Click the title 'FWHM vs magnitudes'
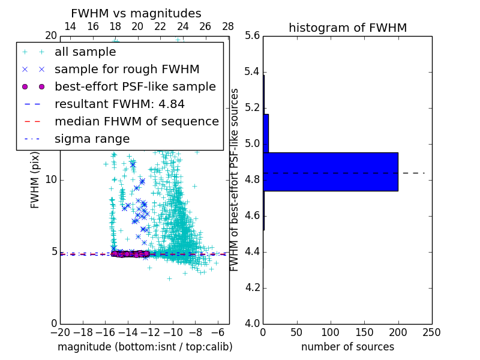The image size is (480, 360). [x=136, y=13]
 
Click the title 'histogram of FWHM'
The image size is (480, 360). [x=347, y=28]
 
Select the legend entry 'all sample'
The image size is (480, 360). [x=85, y=52]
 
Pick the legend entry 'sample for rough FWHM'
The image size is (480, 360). [x=127, y=69]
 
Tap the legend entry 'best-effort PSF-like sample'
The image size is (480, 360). [x=135, y=86]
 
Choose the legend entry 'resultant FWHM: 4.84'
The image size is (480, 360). [x=119, y=104]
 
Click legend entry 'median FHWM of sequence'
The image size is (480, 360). [x=136, y=121]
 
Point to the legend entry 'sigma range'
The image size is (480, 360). [x=92, y=139]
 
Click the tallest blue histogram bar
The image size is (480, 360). [x=330, y=172]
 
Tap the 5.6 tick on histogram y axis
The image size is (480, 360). [x=252, y=36]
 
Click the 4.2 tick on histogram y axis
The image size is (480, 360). [x=252, y=287]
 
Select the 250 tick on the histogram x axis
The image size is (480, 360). [x=431, y=332]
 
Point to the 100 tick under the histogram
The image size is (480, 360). [x=331, y=332]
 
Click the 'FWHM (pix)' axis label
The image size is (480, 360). [x=35, y=180]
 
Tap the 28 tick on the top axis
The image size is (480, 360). [x=228, y=26]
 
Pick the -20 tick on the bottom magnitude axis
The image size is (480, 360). [x=60, y=332]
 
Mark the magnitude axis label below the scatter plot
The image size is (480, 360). [x=145, y=347]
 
